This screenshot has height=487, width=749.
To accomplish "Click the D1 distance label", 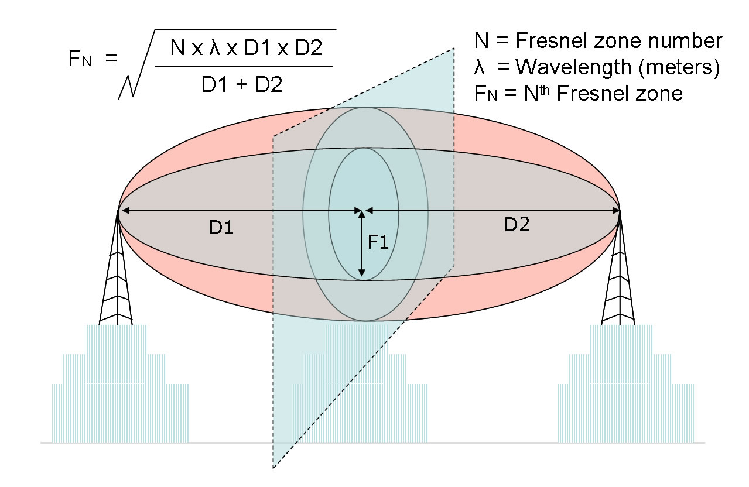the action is [221, 228].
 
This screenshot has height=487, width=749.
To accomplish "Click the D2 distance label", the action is [517, 225].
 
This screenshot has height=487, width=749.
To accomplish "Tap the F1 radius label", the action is [378, 242].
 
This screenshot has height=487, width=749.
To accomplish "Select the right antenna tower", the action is [618, 267].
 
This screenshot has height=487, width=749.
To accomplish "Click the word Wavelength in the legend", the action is [573, 67].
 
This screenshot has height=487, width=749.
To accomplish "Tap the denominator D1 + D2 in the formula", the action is [242, 84].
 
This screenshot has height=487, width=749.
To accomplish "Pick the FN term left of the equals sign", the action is [80, 59].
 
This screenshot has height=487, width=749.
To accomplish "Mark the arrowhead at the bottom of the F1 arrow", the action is [361, 275].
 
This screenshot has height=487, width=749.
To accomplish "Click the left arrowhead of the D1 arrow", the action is [125, 211].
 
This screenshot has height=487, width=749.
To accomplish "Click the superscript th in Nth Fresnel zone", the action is [544, 90].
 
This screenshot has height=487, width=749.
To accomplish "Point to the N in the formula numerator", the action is [177, 48].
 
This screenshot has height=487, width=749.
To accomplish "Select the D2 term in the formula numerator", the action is [309, 48].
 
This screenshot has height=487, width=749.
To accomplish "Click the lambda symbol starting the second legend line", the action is [479, 67].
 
